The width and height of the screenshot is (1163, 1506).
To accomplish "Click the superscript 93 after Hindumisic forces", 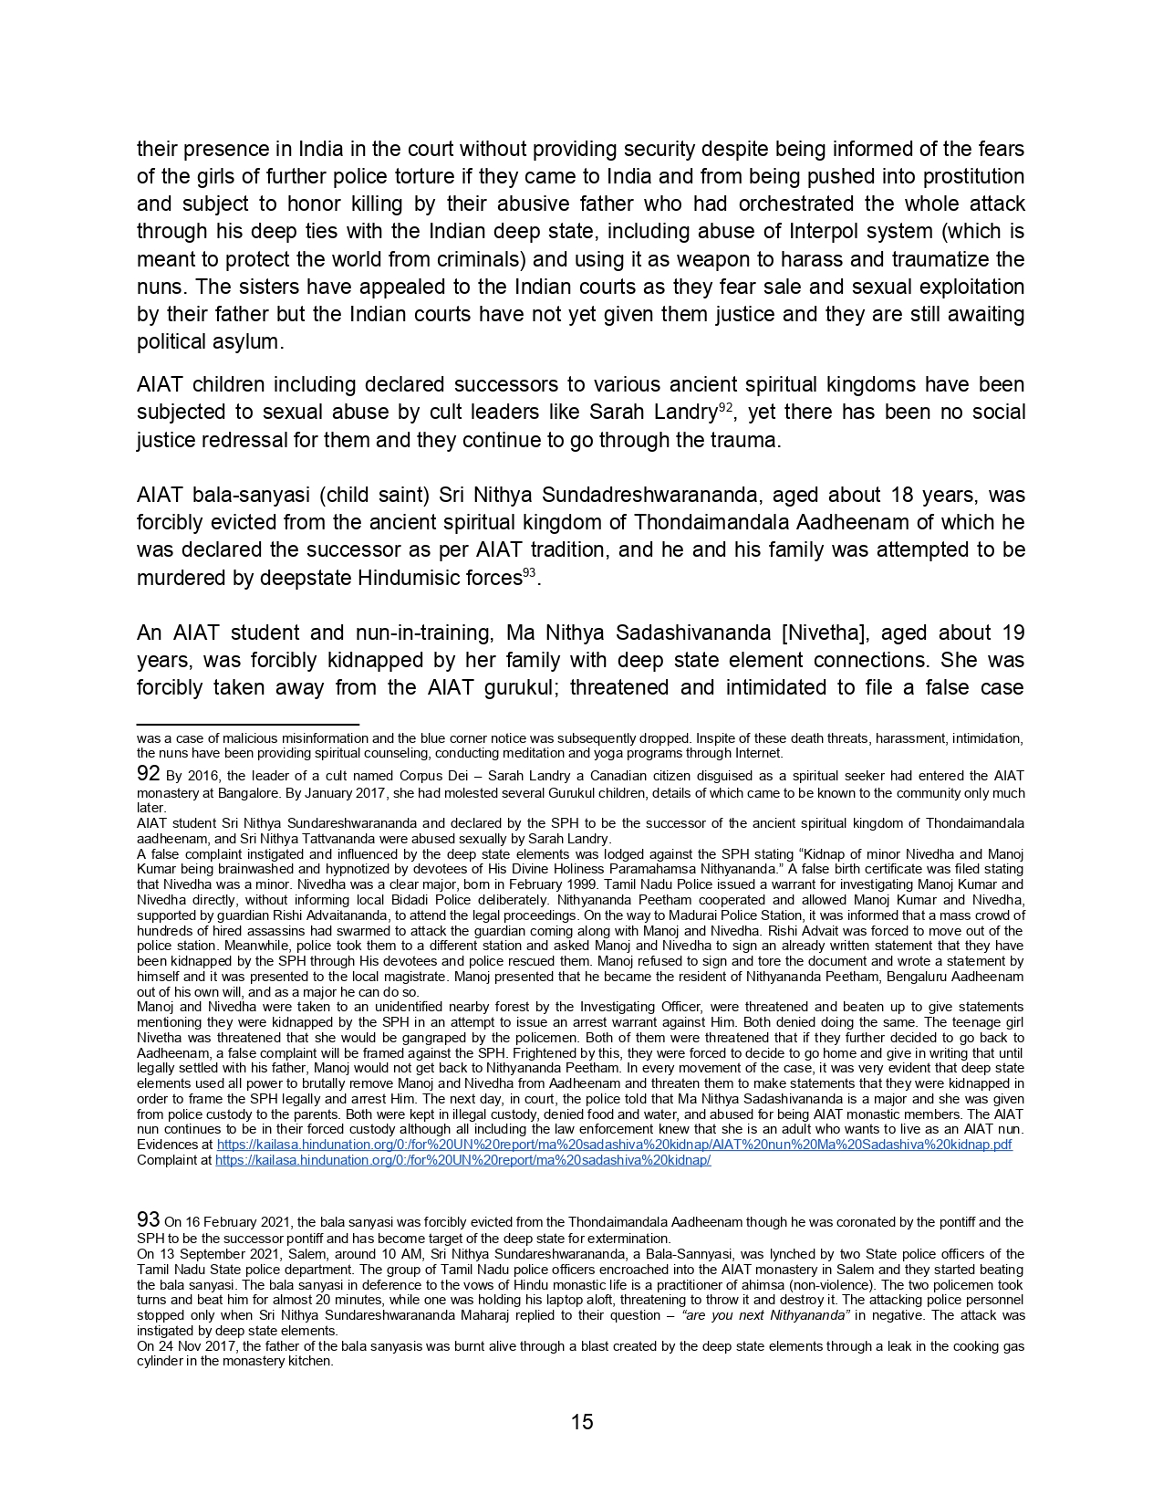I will point(529,573).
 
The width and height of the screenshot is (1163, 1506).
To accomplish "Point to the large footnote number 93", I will point(149,1219).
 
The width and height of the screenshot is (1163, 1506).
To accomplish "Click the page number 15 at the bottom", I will point(582,1421).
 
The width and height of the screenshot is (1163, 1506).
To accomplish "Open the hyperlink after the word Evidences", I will point(614,1145).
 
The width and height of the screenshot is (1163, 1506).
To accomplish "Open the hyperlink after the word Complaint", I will point(462,1160).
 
